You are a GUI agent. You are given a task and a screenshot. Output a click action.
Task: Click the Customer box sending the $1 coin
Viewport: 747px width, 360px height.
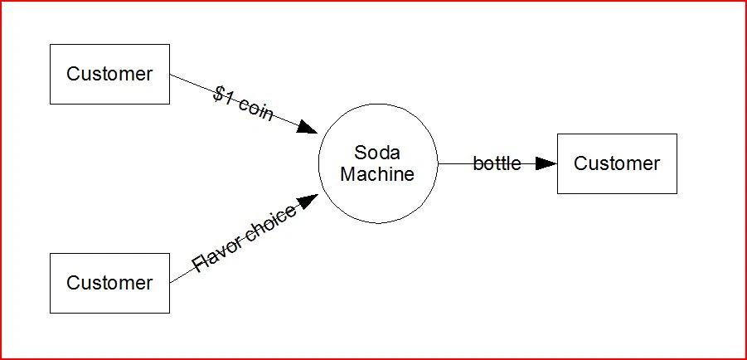click(x=109, y=74)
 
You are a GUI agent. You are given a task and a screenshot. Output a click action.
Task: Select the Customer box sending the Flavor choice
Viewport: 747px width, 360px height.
click(x=109, y=283)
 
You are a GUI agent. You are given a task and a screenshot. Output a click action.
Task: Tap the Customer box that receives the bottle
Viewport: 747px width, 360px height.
click(x=617, y=163)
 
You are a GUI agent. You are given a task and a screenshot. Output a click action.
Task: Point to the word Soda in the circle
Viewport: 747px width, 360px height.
click(x=377, y=153)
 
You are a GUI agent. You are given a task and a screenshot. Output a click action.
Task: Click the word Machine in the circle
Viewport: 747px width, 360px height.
click(x=377, y=174)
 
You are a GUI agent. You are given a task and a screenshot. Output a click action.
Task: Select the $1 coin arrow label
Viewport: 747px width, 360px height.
click(x=243, y=105)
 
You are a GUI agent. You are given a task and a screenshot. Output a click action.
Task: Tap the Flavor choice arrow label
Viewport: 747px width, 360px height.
click(x=244, y=239)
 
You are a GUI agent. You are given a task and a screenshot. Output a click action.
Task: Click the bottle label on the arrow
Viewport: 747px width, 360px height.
click(x=497, y=163)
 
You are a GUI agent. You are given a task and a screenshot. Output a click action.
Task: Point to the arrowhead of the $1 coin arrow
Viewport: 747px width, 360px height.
click(x=308, y=128)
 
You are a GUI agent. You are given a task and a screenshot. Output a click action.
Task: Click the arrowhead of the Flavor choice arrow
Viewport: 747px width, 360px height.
click(x=308, y=202)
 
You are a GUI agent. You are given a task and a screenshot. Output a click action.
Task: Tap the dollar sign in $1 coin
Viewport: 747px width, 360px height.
click(x=218, y=94)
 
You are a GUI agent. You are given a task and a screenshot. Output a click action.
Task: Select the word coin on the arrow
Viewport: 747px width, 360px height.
click(x=256, y=110)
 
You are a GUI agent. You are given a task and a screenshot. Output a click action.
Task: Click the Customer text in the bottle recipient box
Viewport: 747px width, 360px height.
click(x=617, y=163)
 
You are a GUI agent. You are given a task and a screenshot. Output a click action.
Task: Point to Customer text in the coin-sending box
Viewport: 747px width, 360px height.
click(x=109, y=74)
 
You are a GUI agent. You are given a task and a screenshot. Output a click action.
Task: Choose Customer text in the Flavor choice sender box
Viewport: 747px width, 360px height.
click(x=109, y=283)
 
